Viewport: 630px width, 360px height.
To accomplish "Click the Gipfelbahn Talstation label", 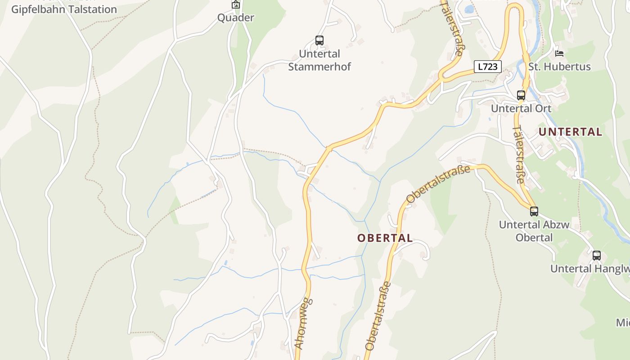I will point(64,9).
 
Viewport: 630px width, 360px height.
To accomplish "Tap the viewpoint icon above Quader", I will point(235,5).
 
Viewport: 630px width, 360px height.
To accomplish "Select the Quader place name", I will point(235,18).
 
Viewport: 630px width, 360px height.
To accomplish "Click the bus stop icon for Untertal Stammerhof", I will point(319,40).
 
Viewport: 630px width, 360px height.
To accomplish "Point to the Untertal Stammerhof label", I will point(319,60).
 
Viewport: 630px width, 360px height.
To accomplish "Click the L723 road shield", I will point(487,67).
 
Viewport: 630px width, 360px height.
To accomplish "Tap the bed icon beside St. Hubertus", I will point(559,53).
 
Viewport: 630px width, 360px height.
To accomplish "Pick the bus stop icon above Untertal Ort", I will point(521,95).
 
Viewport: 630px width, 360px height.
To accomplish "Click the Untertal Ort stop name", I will point(521,108).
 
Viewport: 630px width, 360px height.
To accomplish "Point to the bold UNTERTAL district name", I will point(570,132).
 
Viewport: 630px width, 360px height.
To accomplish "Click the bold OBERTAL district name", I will point(385,238).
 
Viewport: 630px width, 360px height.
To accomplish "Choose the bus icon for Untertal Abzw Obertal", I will point(534,211).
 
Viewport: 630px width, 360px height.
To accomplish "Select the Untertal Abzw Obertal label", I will point(534,231).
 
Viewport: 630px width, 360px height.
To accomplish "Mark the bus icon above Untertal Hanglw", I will point(597,256).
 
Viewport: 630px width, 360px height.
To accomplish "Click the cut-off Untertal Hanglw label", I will point(589,269).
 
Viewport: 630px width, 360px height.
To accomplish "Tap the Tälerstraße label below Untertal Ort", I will point(518,154).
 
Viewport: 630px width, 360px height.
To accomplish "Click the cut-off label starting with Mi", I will point(623,323).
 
